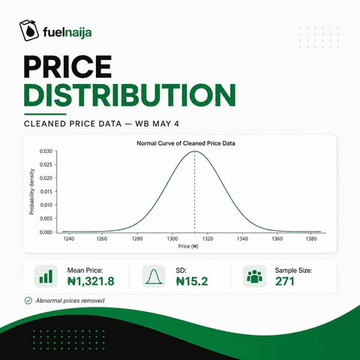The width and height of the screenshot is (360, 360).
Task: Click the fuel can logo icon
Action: (x=29, y=31)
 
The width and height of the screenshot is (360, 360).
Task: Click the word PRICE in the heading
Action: (x=67, y=67)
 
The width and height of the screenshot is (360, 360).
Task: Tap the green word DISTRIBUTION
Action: (x=130, y=95)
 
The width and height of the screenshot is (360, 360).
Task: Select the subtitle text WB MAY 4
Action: (x=157, y=124)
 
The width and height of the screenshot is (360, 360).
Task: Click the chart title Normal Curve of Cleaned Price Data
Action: (x=186, y=143)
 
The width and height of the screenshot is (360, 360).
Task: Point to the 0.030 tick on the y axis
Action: (x=46, y=151)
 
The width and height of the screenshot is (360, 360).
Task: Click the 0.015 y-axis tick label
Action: (x=46, y=191)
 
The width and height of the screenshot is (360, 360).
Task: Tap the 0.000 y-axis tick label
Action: (x=46, y=232)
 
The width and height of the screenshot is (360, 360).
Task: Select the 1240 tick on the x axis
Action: (x=69, y=238)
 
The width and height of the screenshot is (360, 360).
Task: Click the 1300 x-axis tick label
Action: (x=172, y=238)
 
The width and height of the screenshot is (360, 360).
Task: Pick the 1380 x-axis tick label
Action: (x=311, y=238)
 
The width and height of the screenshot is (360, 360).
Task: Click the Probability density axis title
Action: (x=31, y=191)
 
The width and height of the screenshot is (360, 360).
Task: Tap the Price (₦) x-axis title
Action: (x=188, y=246)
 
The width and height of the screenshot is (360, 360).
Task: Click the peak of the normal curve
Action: (x=195, y=151)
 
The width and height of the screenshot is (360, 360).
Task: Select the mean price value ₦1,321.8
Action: (x=91, y=281)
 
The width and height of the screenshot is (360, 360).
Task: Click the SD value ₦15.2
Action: (x=192, y=281)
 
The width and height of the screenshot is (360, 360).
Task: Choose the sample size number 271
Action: (x=285, y=281)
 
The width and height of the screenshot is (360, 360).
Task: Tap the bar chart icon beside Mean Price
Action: (x=46, y=276)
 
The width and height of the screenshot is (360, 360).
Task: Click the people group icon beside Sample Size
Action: (x=254, y=276)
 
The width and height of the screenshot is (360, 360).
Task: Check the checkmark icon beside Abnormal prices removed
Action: (x=28, y=301)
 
